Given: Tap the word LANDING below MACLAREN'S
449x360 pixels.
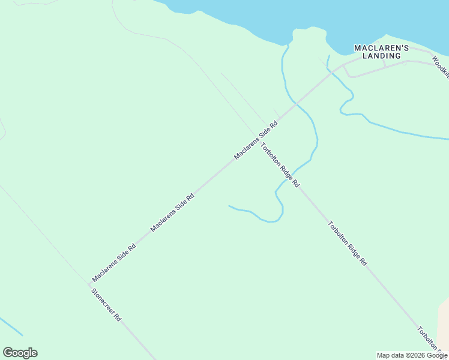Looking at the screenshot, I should [x=377, y=56].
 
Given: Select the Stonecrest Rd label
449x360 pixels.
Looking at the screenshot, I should [x=106, y=305].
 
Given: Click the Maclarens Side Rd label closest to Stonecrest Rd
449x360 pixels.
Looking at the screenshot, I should [x=113, y=263].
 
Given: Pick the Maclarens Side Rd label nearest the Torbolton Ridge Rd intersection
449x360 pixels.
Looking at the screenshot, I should [x=256, y=141].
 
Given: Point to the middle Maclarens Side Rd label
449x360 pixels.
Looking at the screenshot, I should [x=173, y=212].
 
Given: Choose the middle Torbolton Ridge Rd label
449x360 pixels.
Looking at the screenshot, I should [x=348, y=244].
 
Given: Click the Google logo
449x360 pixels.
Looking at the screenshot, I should [x=20, y=353].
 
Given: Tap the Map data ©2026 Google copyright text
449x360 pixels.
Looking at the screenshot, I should [x=412, y=355].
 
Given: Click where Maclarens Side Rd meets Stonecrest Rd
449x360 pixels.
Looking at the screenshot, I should [x=89, y=284].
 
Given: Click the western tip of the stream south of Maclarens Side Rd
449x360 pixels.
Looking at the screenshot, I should [x=229, y=206].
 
